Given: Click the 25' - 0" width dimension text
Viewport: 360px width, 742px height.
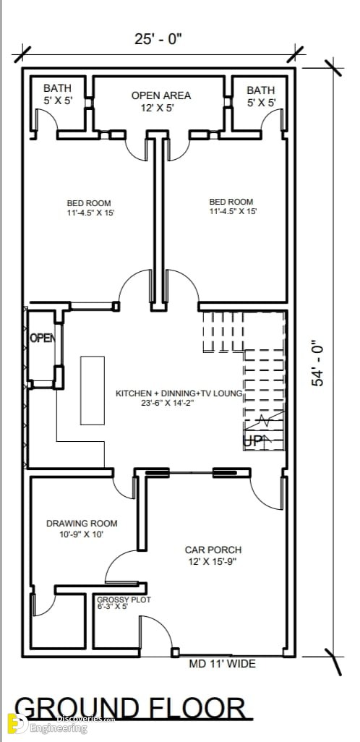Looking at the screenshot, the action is click(158, 39).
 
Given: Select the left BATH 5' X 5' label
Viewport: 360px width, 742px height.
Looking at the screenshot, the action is click(58, 94).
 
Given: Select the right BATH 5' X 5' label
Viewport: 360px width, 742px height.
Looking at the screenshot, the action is click(261, 96).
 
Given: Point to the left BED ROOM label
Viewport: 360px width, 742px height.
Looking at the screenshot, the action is click(91, 208).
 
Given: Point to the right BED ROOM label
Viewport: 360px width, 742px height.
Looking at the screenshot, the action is click(233, 206).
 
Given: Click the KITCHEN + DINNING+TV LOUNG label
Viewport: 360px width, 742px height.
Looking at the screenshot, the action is click(179, 398).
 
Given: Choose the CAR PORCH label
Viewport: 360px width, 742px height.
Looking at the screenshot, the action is click(213, 555).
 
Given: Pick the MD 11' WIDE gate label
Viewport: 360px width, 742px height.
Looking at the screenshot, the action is click(223, 664).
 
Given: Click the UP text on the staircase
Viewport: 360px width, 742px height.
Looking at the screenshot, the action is click(252, 441).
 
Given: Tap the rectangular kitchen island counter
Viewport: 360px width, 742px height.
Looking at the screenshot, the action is click(93, 391).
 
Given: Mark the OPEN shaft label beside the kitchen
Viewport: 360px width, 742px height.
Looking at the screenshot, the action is click(42, 338).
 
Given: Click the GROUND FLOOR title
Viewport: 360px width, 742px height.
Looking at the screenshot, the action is click(130, 709).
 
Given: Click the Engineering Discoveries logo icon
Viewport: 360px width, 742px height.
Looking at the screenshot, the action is click(17, 723).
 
